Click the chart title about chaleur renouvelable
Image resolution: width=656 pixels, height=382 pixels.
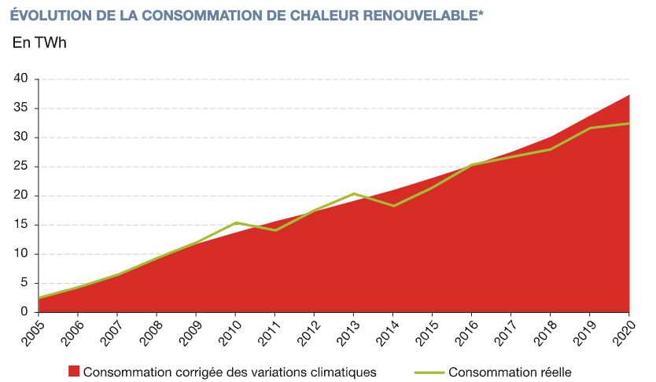pos(246,16)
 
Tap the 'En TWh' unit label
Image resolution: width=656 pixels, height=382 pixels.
pos(39,42)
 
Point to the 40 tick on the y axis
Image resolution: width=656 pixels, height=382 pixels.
pos(20,79)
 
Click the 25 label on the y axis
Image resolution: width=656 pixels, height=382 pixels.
pos(20,167)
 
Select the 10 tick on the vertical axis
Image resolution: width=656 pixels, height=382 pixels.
pos(20,254)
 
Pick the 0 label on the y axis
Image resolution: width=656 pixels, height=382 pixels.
pos(24,312)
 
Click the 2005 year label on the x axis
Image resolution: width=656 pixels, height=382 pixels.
pos(33,332)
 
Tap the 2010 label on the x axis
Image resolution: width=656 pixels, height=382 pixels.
pos(230,332)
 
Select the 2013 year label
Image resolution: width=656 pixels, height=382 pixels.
pos(348,332)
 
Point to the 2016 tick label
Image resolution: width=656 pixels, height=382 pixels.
pos(466,332)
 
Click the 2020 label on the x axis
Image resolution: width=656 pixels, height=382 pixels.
pos(625,332)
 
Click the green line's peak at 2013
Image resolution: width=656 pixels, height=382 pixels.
pos(355,193)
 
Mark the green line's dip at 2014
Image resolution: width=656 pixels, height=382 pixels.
pos(394,206)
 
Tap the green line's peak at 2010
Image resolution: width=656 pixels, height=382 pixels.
pos(236,222)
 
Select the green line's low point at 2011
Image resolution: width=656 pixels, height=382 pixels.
pos(275,230)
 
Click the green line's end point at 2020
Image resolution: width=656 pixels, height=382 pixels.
pos(630,123)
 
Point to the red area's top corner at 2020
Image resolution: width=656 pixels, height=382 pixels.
pos(630,95)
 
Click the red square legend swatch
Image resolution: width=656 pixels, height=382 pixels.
pos(74,371)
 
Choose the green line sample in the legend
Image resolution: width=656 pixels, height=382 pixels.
pos(429,371)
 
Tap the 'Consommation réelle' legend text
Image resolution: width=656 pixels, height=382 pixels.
pos(510,371)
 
